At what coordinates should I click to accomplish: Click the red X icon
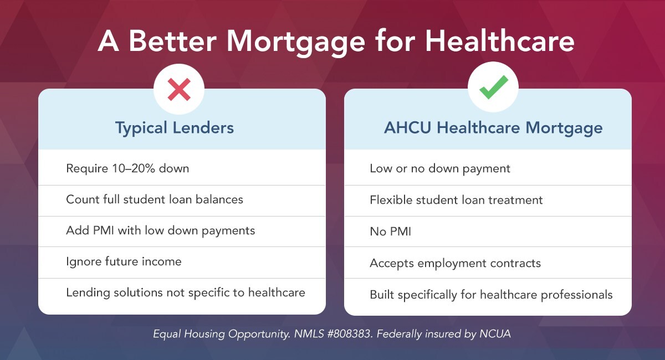point(179,89)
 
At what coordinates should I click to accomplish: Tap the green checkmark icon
point(493,87)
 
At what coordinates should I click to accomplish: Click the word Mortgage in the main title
point(296,42)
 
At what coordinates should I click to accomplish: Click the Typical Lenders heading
point(175,128)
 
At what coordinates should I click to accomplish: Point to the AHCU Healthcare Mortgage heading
point(493,128)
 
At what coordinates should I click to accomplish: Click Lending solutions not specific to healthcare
point(186,292)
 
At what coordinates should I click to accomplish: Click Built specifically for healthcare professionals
point(492,295)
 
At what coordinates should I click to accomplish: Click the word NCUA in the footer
point(495,334)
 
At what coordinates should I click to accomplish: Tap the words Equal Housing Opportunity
point(222,334)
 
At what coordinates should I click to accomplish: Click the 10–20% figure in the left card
point(134,168)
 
